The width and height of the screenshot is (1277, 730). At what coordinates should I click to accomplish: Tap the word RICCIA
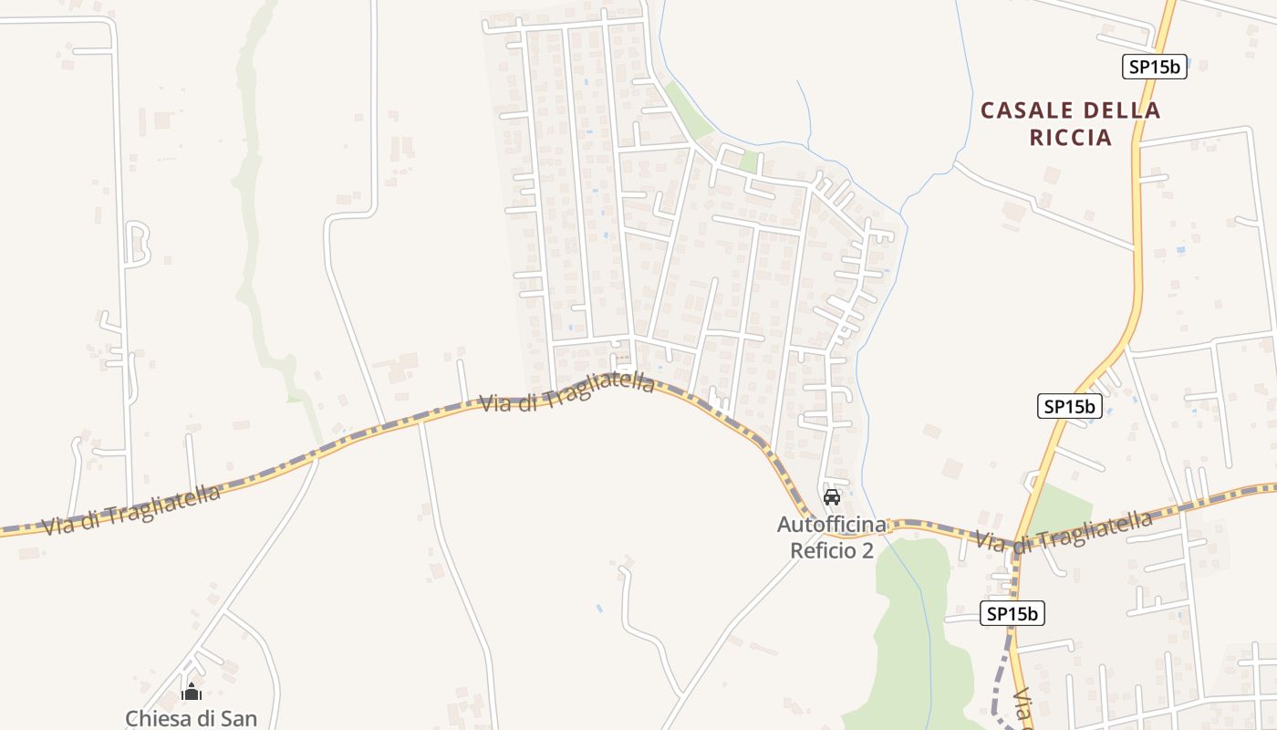1071,138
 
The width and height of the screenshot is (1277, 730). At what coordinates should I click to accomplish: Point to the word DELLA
1121,110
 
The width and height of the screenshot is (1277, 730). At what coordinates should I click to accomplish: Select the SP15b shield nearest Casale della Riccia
1154,67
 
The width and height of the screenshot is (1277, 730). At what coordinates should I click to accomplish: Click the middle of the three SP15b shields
1070,406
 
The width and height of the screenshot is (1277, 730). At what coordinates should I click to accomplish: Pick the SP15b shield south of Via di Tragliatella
1012,613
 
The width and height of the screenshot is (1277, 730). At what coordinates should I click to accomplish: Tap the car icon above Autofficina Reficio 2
831,497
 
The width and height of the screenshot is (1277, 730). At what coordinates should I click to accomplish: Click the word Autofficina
831,525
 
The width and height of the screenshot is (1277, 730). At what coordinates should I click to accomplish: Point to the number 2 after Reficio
867,550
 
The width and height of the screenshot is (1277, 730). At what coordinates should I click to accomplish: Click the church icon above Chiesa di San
192,692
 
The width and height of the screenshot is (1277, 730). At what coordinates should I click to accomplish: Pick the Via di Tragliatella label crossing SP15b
1064,530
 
